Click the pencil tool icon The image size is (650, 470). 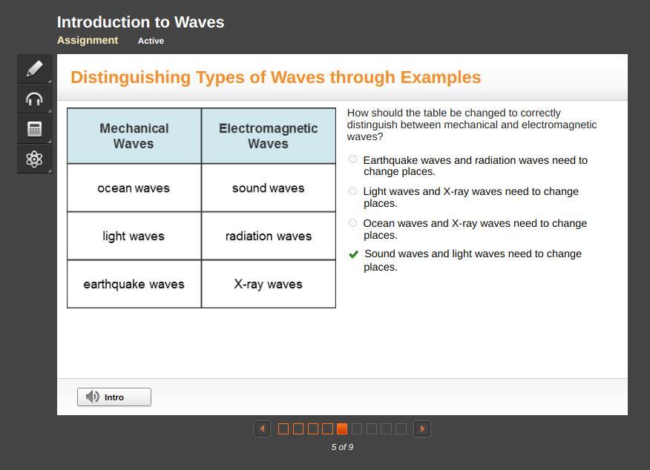click(34, 69)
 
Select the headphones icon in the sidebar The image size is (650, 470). click(34, 99)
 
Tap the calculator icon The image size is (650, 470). click(34, 129)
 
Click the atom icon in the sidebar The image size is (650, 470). click(34, 159)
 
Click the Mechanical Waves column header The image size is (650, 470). click(134, 136)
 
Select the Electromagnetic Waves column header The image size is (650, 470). click(269, 136)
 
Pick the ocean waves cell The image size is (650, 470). click(134, 188)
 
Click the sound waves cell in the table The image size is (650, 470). click(269, 188)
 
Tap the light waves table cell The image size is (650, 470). click(134, 236)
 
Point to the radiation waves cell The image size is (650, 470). click(269, 236)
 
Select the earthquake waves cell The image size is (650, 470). click(134, 284)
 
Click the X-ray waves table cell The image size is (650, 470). click(269, 284)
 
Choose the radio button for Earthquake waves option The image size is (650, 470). click(352, 159)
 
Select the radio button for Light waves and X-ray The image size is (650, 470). click(352, 191)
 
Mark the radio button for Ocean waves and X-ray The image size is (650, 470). click(352, 223)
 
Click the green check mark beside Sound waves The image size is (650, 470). click(354, 254)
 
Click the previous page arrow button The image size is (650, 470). click(262, 429)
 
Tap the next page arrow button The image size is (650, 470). click(422, 429)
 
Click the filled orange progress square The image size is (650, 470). click(342, 428)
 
